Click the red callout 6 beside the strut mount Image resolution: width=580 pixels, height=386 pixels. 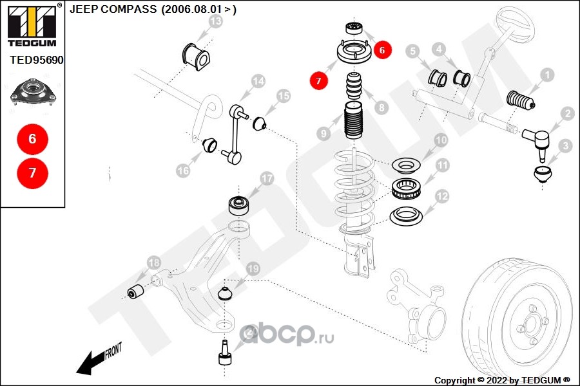(382, 49)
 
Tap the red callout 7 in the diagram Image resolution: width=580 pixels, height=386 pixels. (318, 81)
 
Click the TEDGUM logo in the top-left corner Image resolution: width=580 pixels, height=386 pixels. (31, 25)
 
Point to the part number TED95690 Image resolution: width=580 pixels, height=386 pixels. (37, 60)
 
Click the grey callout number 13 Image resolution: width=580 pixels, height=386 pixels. (215, 23)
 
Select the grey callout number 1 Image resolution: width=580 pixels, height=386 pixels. (546, 76)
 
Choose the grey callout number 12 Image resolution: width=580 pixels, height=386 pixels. (441, 196)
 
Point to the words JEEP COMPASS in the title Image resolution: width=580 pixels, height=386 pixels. (111, 10)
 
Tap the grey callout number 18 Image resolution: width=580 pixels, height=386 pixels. (153, 262)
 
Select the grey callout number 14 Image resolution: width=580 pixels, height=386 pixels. (258, 82)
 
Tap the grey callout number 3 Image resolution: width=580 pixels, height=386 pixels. (565, 146)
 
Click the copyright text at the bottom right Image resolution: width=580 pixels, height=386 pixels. (503, 380)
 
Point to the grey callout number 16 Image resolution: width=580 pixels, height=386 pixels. (184, 170)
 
